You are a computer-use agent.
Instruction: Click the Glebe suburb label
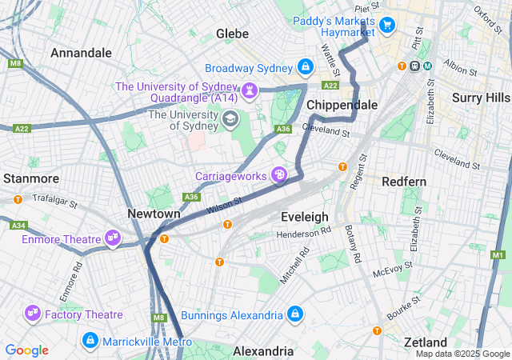pyautogui.click(x=233, y=34)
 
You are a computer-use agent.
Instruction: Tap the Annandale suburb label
pyautogui.click(x=81, y=52)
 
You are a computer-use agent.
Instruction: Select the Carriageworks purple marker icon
pyautogui.click(x=279, y=174)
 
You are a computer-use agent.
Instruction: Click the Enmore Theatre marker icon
pyautogui.click(x=113, y=238)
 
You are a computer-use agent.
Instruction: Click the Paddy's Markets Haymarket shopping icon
pyautogui.click(x=387, y=26)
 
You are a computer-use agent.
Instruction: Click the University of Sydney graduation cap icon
pyautogui.click(x=230, y=120)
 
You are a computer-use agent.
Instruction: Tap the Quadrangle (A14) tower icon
pyautogui.click(x=250, y=90)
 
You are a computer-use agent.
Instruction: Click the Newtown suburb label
pyautogui.click(x=154, y=214)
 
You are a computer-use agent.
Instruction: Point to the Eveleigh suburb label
pyautogui.click(x=305, y=217)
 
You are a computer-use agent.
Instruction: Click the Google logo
pyautogui.click(x=26, y=350)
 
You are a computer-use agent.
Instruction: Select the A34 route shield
pyautogui.click(x=18, y=226)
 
